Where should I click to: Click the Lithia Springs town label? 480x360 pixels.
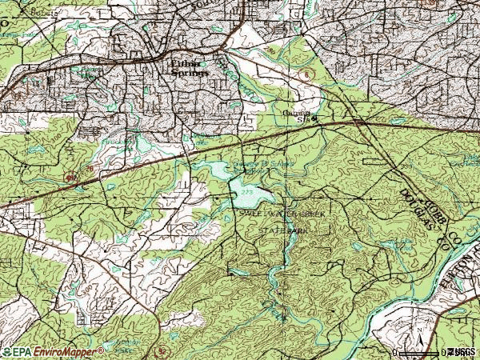coord(190,68)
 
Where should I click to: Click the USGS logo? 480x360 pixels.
coord(463,352)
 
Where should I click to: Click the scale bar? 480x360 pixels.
coord(424,350)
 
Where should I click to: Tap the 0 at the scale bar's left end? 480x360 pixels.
coord(396,352)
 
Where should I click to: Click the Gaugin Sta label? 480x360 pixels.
coord(299,116)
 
